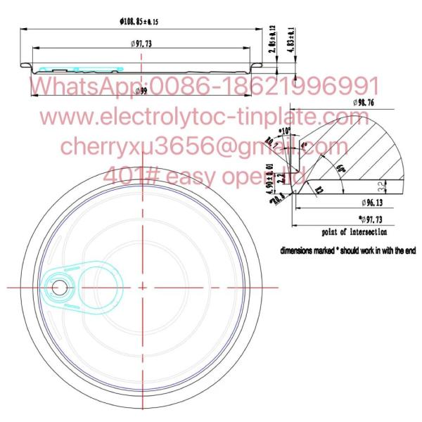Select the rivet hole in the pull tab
pos(58,287)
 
